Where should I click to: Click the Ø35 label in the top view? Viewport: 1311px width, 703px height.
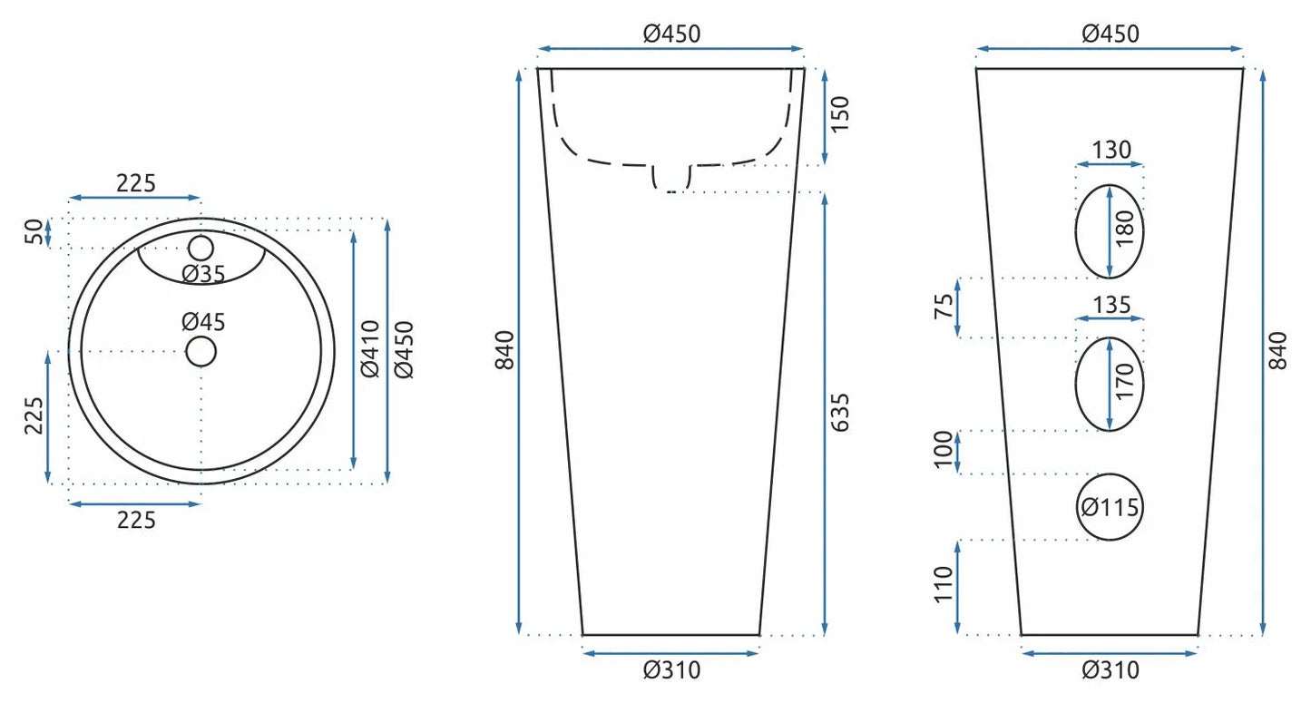tap(203, 274)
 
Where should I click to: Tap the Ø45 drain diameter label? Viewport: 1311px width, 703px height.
tap(203, 322)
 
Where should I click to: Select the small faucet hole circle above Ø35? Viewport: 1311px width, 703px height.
tap(201, 249)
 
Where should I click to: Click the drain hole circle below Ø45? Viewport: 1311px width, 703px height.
tap(201, 352)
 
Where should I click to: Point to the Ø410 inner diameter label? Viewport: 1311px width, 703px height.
tap(370, 349)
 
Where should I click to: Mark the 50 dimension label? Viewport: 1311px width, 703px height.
tap(34, 232)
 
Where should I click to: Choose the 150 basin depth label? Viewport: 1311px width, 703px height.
tap(840, 114)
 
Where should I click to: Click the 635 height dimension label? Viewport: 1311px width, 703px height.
tap(840, 413)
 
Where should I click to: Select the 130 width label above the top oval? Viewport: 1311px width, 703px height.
tap(1111, 151)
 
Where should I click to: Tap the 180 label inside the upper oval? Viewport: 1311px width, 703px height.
tap(1125, 229)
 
